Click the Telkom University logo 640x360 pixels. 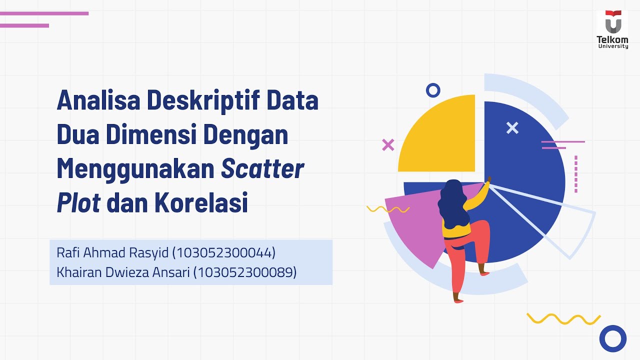[612, 29]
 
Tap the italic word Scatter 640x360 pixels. [262, 169]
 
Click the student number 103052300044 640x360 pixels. [223, 253]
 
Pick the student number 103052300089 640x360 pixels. [244, 272]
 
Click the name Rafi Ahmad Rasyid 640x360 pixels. [112, 253]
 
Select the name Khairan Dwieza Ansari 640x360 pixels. [123, 272]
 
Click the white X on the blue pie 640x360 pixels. [512, 128]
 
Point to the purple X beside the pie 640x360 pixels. [388, 145]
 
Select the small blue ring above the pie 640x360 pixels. [433, 90]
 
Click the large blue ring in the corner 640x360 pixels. [612, 338]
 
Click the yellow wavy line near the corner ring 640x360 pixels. [563, 318]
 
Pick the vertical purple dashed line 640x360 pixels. [576, 174]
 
